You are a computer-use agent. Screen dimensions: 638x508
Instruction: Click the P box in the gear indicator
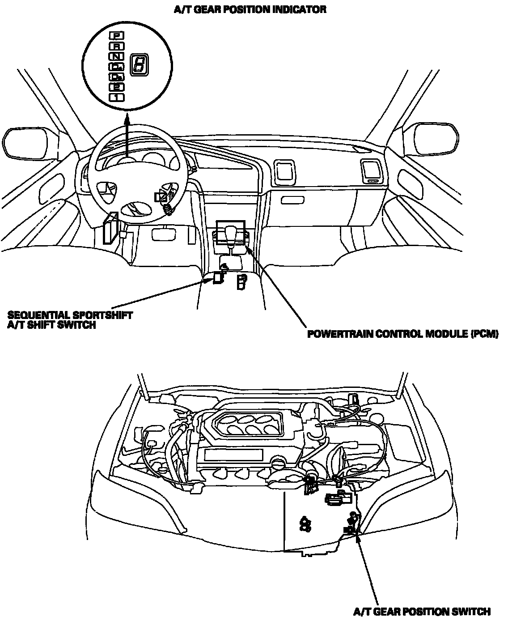coord(117,35)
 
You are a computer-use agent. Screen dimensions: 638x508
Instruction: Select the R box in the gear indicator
coord(117,46)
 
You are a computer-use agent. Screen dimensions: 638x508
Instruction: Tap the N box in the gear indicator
coord(117,56)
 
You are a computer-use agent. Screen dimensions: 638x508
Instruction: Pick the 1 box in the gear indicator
coord(117,97)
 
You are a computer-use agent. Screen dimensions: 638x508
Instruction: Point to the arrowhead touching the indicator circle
coord(127,118)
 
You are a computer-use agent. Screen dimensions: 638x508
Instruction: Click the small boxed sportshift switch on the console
coord(218,277)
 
